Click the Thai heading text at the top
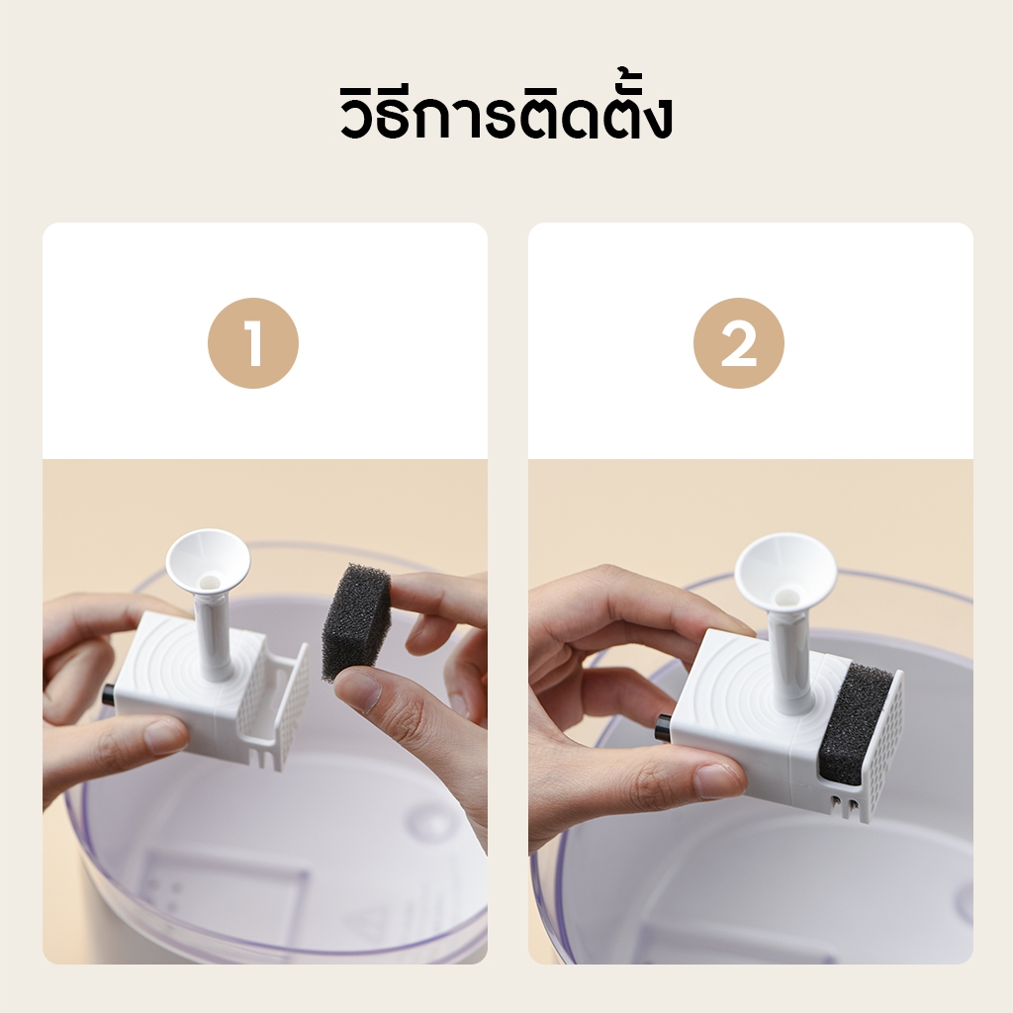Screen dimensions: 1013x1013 [506, 113]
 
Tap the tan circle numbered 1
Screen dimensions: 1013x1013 [253, 343]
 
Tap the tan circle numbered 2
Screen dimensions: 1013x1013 [738, 343]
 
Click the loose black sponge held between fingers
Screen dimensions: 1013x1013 [356, 621]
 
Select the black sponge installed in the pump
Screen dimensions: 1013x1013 [855, 723]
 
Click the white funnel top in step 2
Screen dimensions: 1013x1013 [785, 567]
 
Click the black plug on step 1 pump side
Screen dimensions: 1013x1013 [108, 694]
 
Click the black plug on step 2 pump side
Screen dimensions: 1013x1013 [663, 728]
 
